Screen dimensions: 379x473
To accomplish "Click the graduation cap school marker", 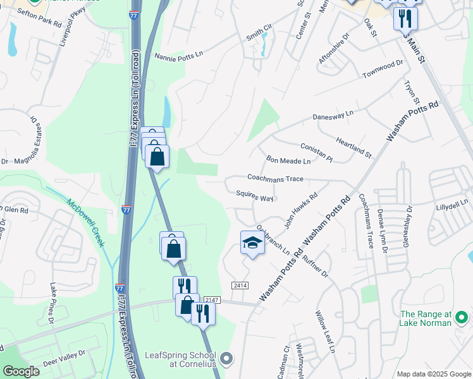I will click(252, 243).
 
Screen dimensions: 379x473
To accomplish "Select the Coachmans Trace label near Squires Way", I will click(275, 179).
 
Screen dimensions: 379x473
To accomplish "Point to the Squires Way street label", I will click(254, 197).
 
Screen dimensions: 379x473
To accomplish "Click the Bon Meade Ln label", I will click(288, 161).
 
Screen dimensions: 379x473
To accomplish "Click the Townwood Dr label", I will click(383, 69).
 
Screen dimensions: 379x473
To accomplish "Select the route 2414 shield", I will click(240, 286).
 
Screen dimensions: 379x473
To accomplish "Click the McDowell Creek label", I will click(86, 223).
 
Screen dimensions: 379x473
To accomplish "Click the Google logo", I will click(21, 371).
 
